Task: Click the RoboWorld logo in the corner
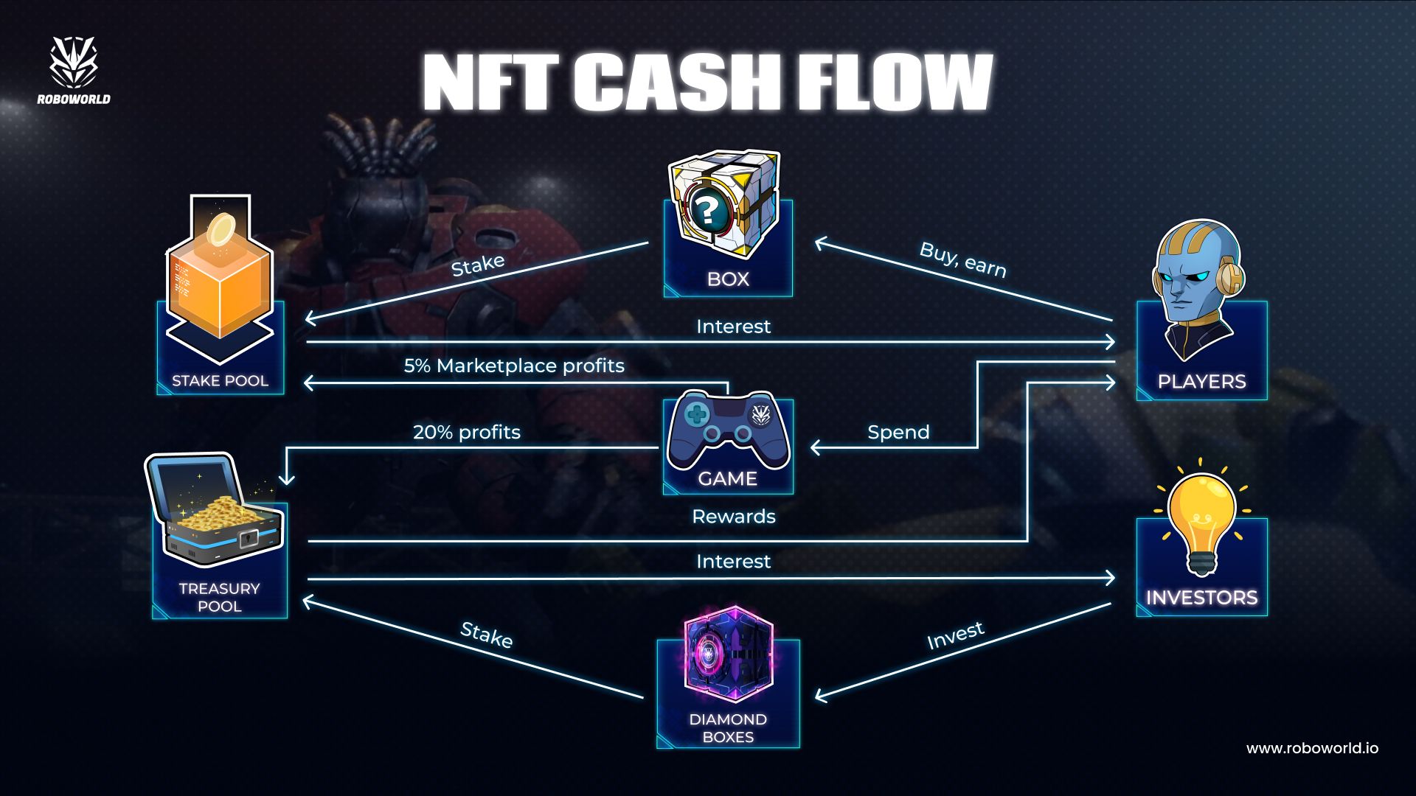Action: coord(74,71)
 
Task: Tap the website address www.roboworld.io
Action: coord(1311,748)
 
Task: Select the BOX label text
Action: coord(728,279)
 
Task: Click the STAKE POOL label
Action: coord(220,381)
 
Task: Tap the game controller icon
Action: coord(727,430)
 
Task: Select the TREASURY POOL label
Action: coord(219,597)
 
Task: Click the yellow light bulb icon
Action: coord(1201,520)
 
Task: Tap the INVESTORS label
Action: coord(1201,598)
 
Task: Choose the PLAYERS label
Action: coord(1201,382)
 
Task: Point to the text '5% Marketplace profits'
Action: coord(514,366)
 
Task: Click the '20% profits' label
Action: coord(466,432)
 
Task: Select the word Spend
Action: coord(898,432)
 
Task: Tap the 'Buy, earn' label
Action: coord(962,259)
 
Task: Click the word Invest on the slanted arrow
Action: coord(955,635)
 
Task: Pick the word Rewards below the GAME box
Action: coord(733,516)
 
